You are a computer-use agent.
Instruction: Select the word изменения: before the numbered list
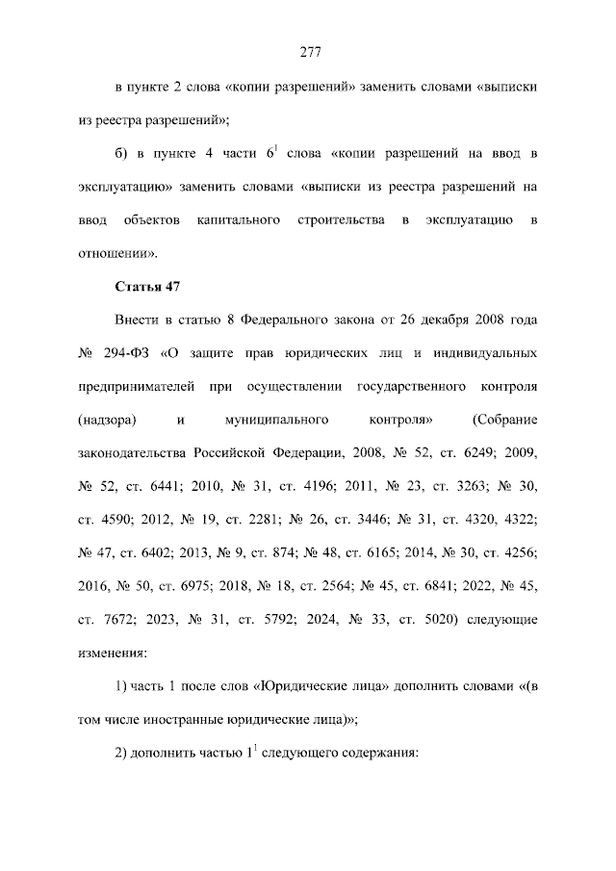point(112,651)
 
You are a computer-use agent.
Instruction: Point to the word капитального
point(239,221)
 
